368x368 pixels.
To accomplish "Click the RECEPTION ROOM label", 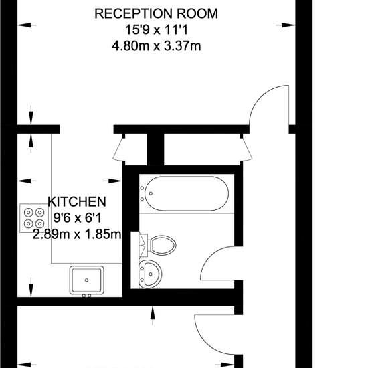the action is pos(157,13).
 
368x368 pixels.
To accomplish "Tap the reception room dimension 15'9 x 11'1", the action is pos(157,30).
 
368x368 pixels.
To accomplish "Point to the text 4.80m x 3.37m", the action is pos(157,45).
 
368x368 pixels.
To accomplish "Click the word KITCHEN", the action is pos(77,202).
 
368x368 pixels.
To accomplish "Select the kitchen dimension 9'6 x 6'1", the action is pos(78,218).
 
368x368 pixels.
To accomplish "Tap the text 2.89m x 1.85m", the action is pos(77,234).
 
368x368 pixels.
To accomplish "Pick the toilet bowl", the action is pos(163,245).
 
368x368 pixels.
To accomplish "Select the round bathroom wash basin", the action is pos(150,274).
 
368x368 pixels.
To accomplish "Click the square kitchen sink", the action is pos(86,280).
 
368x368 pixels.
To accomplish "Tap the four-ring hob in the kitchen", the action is pos(34,218).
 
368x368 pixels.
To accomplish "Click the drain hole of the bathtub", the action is pos(151,193).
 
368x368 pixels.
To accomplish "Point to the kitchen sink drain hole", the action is pos(86,280).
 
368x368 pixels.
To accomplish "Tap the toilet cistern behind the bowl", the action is pos(143,245).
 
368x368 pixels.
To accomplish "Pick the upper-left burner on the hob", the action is pos(28,213).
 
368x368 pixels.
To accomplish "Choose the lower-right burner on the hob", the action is pos(40,223).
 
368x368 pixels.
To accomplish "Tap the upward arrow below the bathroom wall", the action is pos(153,316).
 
